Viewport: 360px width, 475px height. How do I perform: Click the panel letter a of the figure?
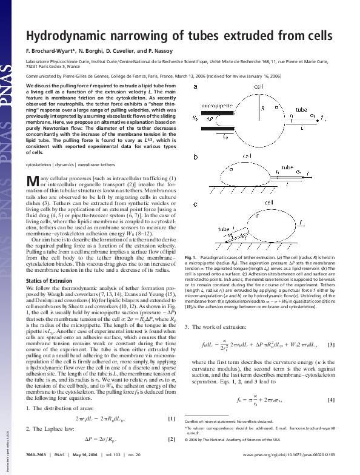tap(195, 87)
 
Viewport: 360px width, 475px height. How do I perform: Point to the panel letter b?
tap(195, 157)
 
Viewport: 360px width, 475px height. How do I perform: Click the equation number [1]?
tap(171, 402)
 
